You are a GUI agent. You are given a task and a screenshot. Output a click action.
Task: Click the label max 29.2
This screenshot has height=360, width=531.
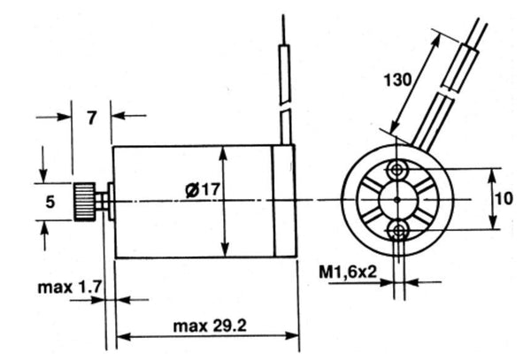[210, 326]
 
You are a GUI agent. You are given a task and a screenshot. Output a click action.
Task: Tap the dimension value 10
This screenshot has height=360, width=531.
[506, 199]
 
